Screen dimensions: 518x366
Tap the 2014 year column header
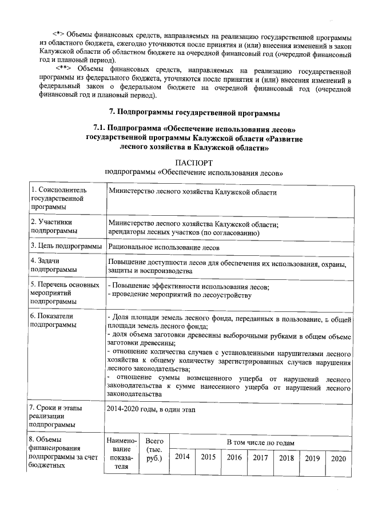point(182,457)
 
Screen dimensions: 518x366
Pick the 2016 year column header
point(234,457)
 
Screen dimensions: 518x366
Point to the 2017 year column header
point(261,457)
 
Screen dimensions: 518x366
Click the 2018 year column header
point(287,457)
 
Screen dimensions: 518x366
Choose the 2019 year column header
point(312,458)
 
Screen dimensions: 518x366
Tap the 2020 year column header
point(339,458)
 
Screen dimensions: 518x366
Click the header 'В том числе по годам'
point(260,443)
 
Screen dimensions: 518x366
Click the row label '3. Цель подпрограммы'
point(66,247)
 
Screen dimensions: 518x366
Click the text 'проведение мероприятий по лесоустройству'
point(181,295)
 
